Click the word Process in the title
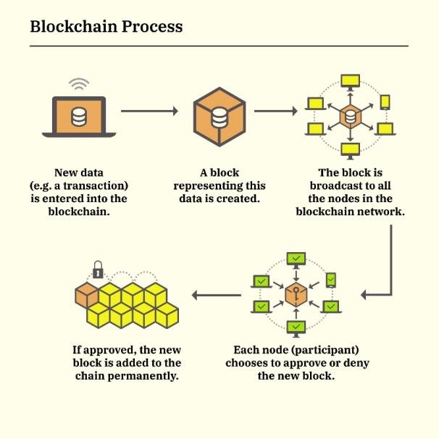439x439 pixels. coord(149,27)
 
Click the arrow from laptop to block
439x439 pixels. coord(149,111)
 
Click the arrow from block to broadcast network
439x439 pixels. coord(276,111)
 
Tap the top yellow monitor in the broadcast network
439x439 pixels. coord(351,80)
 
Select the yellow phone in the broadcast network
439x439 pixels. coord(385,102)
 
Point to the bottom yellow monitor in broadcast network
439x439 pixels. coord(351,149)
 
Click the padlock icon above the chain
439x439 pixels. coord(98,272)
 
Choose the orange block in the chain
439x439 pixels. coord(87,294)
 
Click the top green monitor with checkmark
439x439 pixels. coord(296,258)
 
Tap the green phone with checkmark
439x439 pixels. coord(331,280)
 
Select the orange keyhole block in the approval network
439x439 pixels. coord(296,294)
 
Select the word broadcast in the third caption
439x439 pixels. coord(327,185)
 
